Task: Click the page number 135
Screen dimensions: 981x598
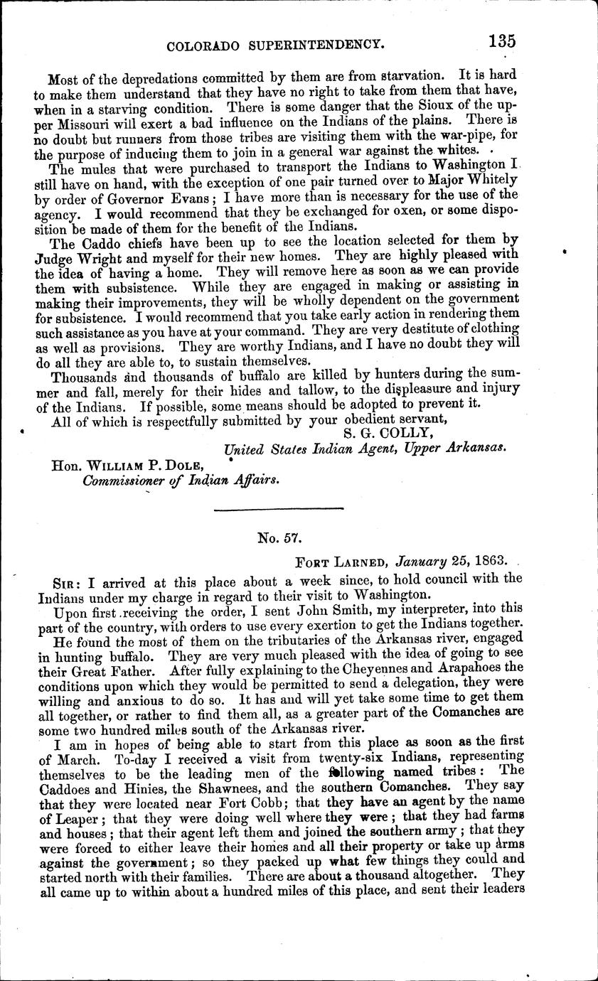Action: coord(501,42)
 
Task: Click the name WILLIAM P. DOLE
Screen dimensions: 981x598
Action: coord(149,466)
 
